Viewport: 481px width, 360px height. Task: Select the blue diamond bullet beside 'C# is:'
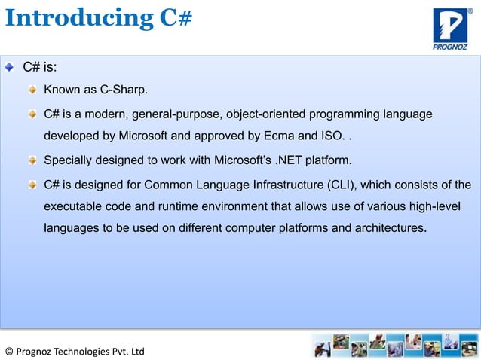click(x=9, y=68)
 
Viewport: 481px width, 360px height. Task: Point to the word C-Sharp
click(x=124, y=91)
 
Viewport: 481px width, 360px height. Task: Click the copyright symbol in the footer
click(x=9, y=352)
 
